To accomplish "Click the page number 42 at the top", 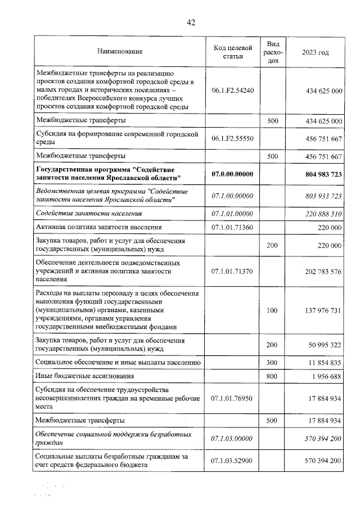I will [x=191, y=22].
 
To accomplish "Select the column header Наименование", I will [x=120, y=52].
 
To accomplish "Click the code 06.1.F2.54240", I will [x=232, y=90].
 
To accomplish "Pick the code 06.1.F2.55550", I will [x=232, y=138].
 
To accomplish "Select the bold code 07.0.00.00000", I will [x=232, y=173].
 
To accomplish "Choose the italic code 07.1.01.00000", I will [x=232, y=214].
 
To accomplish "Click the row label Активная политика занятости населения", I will [x=99, y=227].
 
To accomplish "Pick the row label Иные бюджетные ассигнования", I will [x=85, y=376].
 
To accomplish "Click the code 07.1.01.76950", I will [x=232, y=398].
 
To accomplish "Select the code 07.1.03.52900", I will [x=232, y=461].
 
